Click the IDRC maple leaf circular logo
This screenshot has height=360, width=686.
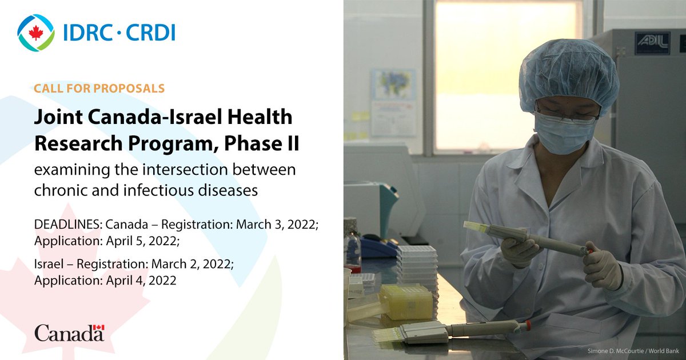tap(36, 33)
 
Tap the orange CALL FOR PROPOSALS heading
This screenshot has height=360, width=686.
tap(99, 89)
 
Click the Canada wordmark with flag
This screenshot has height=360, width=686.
tap(69, 333)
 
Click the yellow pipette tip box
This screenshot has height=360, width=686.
tap(406, 301)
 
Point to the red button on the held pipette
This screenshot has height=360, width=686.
tap(589, 251)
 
